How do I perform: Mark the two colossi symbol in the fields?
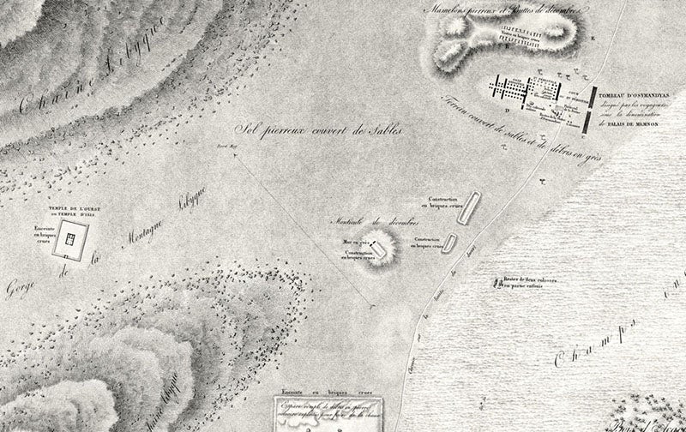tap(496, 281)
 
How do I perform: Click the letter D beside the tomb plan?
tap(507, 109)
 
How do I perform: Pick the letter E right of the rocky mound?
tap(590, 37)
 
